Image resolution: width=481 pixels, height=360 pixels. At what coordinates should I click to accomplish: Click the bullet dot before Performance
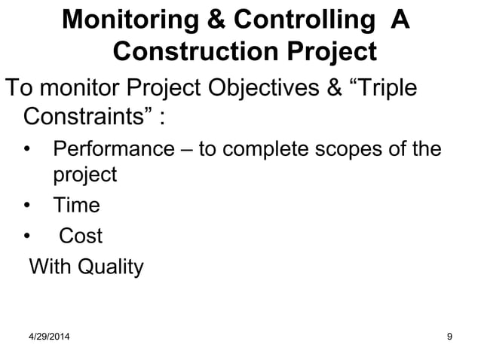click(x=29, y=148)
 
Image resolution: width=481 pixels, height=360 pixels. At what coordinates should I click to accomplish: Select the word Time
click(x=76, y=206)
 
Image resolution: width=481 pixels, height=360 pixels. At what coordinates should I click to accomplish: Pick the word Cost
click(x=81, y=236)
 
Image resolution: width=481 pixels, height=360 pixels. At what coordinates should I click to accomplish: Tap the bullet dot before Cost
click(x=29, y=237)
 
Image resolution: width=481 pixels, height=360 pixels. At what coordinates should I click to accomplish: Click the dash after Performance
click(x=186, y=148)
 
